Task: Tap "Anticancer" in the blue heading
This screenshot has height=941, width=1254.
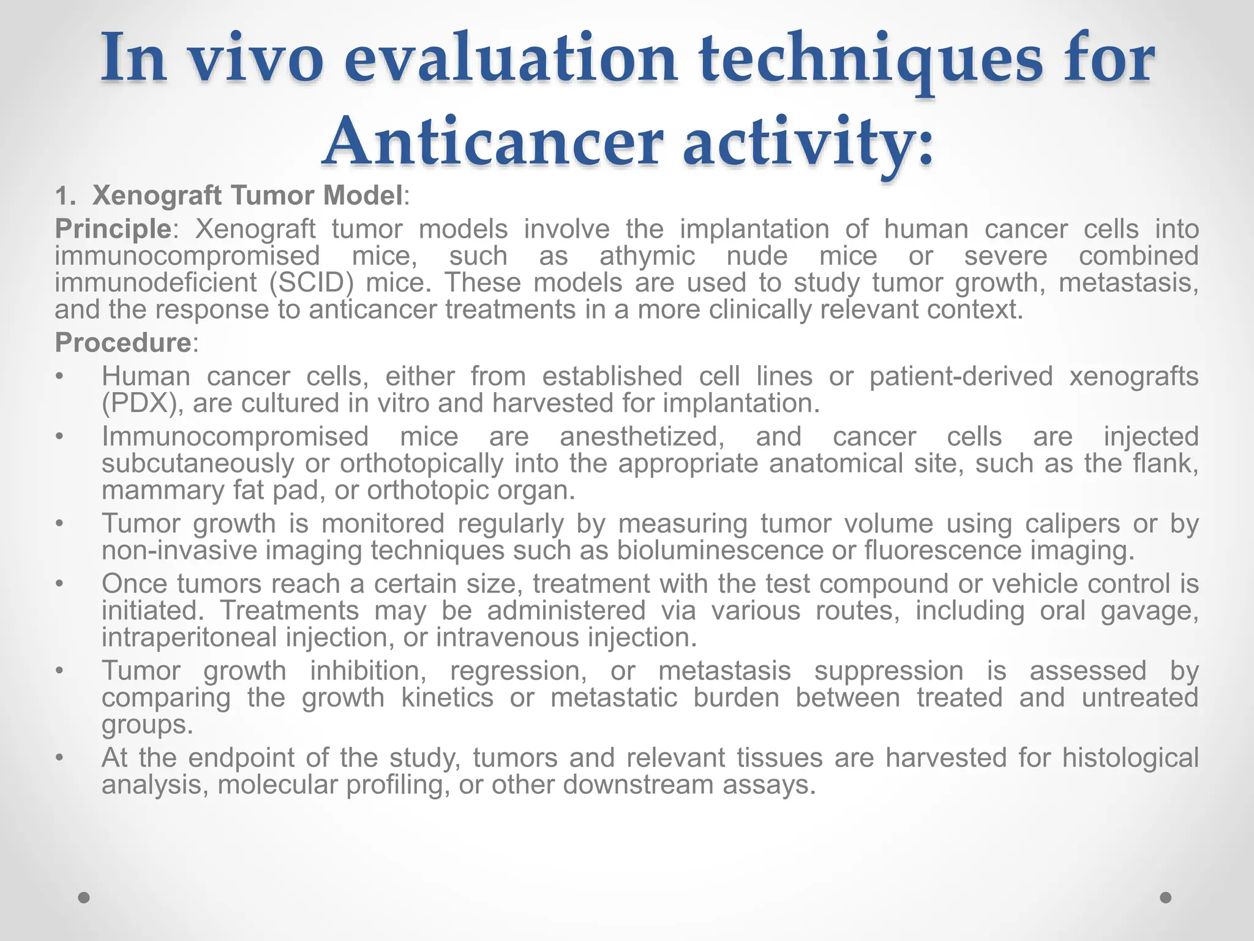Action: [x=492, y=143]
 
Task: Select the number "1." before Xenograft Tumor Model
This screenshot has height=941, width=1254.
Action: [x=64, y=197]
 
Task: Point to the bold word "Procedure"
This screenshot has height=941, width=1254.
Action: [x=123, y=342]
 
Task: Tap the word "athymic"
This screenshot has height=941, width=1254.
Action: [x=647, y=256]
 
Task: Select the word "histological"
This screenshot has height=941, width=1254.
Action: [x=1130, y=758]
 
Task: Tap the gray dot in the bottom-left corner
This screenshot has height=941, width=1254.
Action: [x=84, y=898]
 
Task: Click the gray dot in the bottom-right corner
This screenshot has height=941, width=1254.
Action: [x=1166, y=898]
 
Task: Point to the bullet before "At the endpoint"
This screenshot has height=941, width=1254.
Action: [x=59, y=758]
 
